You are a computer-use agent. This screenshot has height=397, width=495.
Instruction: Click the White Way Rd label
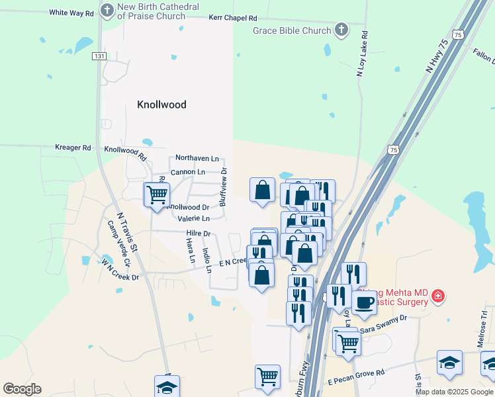(x=71, y=13)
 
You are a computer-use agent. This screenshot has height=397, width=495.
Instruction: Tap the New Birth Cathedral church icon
(x=107, y=11)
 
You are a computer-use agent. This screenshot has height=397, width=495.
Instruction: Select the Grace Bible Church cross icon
(x=341, y=30)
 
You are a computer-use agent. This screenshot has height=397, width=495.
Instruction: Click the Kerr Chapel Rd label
(x=232, y=19)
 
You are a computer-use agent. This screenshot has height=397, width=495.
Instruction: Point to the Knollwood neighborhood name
(x=161, y=105)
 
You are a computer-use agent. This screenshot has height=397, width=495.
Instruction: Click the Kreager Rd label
(x=73, y=148)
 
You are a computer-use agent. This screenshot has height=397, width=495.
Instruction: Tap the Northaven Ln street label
(x=197, y=159)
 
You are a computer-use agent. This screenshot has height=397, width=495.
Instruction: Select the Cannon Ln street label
(x=188, y=172)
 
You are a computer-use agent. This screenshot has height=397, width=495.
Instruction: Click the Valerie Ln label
(x=193, y=218)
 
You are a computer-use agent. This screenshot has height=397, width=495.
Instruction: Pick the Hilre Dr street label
(x=198, y=234)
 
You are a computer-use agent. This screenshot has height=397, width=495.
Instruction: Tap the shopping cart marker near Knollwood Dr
(x=157, y=195)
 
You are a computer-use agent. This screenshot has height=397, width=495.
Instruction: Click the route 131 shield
(x=99, y=56)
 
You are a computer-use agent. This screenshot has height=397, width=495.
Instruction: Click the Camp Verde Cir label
(x=120, y=242)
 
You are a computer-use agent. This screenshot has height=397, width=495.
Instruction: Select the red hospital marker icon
(x=437, y=296)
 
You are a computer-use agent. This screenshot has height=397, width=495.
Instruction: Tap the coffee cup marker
(x=363, y=303)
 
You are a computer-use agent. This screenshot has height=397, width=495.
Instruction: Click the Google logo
(x=22, y=388)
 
